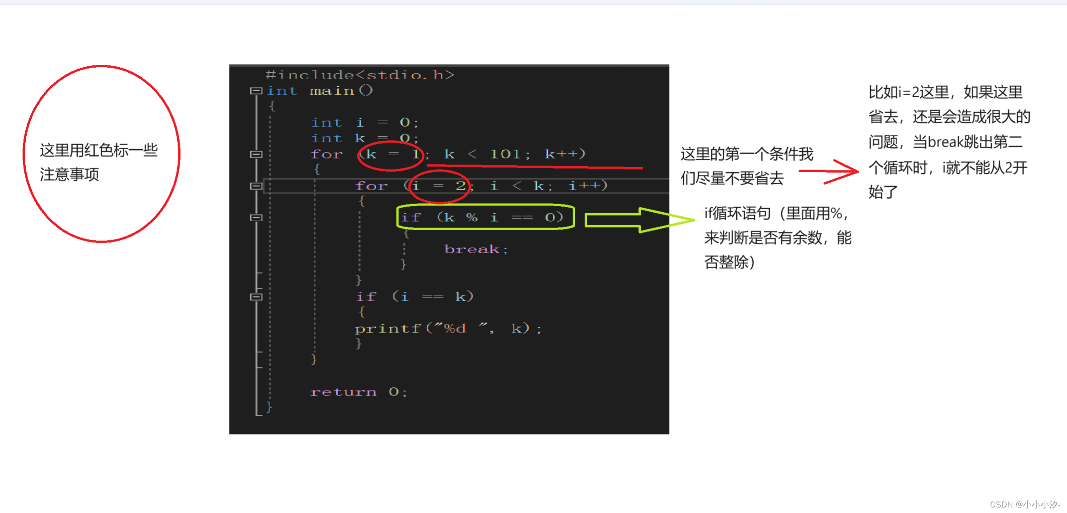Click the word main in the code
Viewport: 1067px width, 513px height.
332,91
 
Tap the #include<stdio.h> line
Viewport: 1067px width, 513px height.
360,75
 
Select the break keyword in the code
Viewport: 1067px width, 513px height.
472,249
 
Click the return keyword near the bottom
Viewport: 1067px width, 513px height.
343,392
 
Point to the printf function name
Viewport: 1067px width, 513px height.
387,328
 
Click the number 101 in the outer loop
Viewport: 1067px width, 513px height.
505,154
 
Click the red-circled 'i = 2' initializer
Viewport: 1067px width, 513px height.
439,186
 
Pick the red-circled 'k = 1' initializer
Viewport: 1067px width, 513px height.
391,154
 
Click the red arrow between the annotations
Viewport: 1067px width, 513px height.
829,172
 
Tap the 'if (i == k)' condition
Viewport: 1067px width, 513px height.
414,297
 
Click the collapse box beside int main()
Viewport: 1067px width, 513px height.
256,91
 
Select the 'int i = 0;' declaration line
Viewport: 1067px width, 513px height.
364,122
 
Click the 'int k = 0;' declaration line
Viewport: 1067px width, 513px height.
364,138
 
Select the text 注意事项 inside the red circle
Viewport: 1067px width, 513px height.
69,175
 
